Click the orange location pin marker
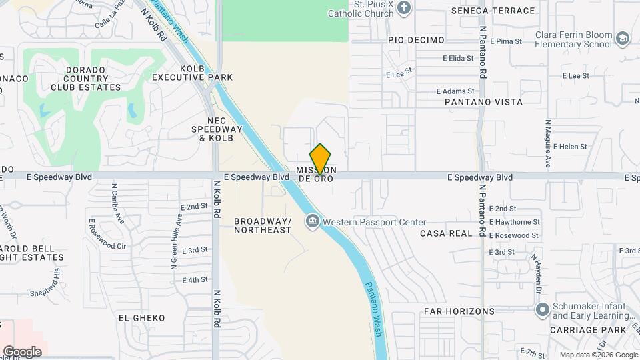[321, 159]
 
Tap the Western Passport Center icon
[312, 221]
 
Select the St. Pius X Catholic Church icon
[403, 8]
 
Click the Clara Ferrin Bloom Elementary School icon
[622, 39]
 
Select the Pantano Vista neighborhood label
[484, 102]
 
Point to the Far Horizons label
[459, 311]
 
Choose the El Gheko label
[141, 318]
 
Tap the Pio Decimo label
[416, 40]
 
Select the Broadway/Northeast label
[263, 225]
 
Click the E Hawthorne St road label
[514, 222]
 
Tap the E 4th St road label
[195, 280]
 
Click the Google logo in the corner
[22, 351]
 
